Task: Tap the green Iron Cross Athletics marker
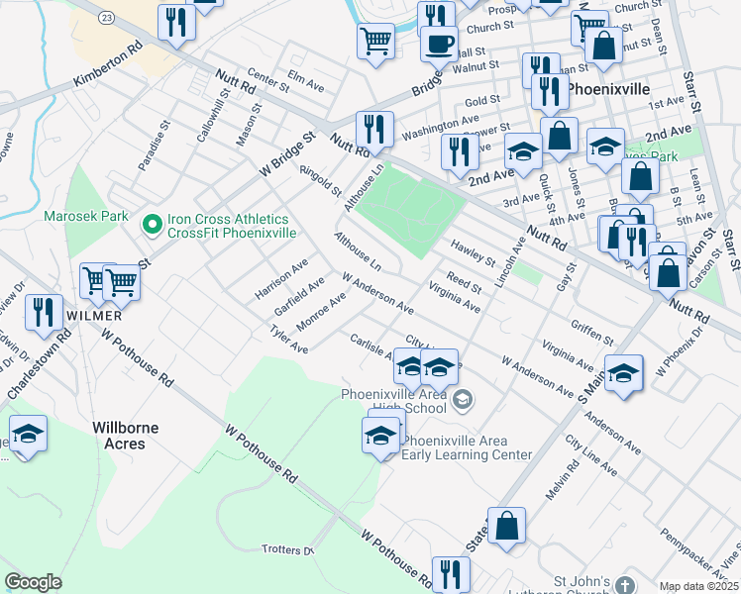[x=152, y=225]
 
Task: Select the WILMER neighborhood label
[x=93, y=315]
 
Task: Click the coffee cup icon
[x=438, y=44]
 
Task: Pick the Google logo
[x=33, y=581]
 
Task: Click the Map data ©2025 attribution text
[x=698, y=586]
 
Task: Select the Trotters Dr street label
[x=287, y=550]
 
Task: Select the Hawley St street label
[x=473, y=253]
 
